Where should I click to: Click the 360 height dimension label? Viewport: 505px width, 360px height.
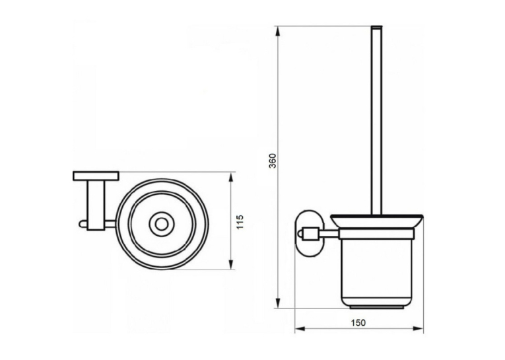(273, 161)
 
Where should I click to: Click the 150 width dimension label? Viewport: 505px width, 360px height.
(358, 322)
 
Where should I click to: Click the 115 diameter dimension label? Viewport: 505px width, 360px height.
(240, 222)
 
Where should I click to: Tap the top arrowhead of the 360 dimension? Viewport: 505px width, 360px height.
(278, 32)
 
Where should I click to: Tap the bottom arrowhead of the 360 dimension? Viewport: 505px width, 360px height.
(278, 302)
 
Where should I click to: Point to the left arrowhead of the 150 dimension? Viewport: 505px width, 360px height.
(300, 329)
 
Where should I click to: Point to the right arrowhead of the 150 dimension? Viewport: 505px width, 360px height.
(417, 329)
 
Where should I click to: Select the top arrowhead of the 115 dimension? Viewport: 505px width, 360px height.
(230, 178)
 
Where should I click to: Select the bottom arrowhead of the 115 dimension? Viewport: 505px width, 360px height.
(230, 263)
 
